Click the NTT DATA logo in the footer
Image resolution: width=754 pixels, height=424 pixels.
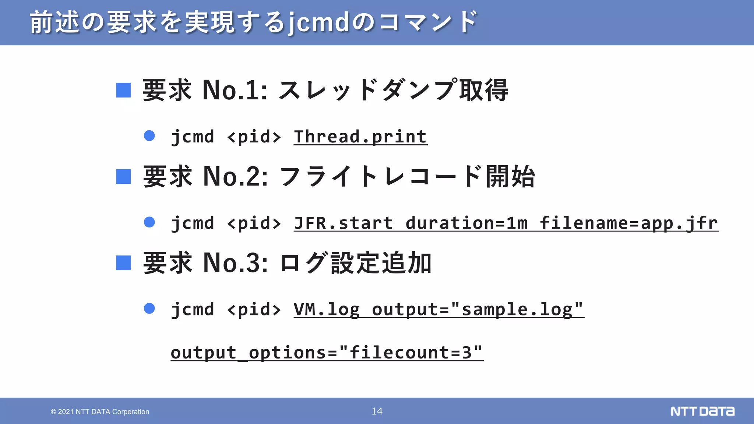coord(702,411)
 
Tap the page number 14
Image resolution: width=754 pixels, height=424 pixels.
coord(377,411)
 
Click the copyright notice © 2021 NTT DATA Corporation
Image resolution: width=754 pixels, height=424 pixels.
coord(100,411)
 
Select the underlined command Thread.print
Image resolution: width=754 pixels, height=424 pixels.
coord(360,137)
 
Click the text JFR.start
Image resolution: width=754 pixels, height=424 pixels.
coord(343,223)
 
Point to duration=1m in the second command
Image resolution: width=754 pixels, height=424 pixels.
coord(467,223)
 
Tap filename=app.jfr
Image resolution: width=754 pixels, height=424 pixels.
coord(629,223)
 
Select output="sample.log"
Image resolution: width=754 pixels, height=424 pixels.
coord(478,310)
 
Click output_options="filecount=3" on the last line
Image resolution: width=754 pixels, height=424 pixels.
coord(327,353)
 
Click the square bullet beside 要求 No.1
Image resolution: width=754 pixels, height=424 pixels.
coord(123,90)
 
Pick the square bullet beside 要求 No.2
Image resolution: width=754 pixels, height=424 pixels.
coord(123,176)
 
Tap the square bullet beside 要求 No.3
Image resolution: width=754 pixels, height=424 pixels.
coord(123,263)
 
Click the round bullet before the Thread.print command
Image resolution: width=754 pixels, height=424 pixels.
coord(149,136)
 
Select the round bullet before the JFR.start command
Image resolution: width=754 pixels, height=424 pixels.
coord(149,222)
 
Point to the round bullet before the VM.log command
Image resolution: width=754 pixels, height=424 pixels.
coord(149,308)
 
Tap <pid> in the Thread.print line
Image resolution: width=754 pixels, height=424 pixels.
coord(254,137)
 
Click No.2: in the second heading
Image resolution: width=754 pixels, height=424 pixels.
coord(235,177)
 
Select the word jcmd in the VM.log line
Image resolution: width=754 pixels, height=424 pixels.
coord(193,310)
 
